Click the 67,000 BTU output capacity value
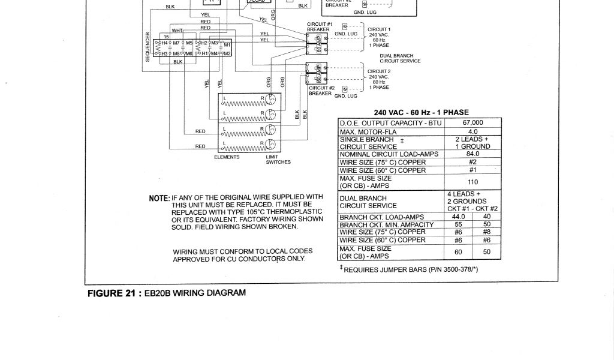472,123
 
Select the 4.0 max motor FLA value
472,131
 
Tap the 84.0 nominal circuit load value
472,154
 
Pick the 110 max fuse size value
472,182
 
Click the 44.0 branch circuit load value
459,217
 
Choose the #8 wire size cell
487,232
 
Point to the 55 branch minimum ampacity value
459,224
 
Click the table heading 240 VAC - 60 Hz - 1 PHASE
421,112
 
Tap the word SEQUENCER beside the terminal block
148,46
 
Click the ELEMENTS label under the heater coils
227,157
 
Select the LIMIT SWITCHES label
278,160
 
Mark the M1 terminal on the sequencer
227,45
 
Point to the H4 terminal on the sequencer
164,44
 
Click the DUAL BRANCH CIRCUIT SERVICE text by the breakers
400,58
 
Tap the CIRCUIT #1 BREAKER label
318,26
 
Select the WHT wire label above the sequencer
177,30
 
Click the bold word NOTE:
159,199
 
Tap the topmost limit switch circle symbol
271,98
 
